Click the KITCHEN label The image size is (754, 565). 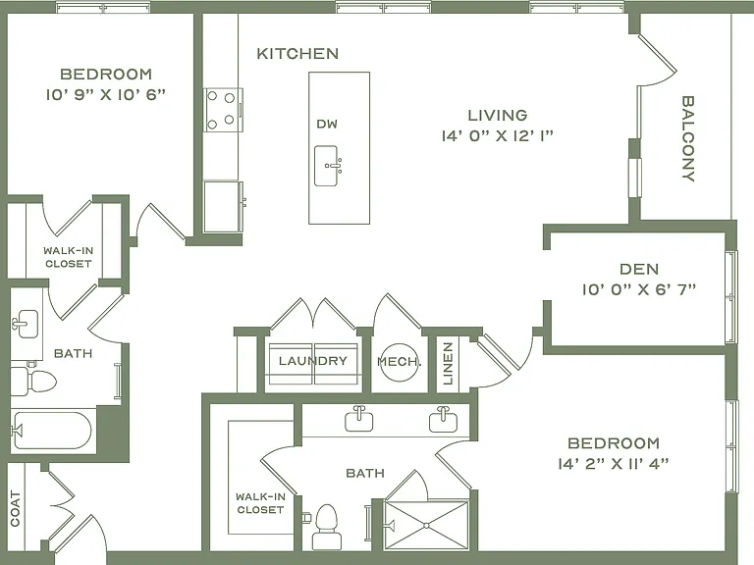pos(297,53)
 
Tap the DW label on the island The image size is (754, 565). pos(327,124)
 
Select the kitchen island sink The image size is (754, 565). pos(327,166)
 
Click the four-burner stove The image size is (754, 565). pos(223,110)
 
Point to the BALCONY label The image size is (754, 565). pos(688,138)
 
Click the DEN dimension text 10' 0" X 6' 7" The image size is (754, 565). pos(638,289)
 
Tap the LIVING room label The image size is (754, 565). pos(498,116)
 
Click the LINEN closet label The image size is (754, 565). pos(448,364)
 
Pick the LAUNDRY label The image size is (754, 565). pos(313,361)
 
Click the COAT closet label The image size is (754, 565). pos(16,508)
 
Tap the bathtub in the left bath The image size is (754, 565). pos(51,430)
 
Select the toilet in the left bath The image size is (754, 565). pos(33,382)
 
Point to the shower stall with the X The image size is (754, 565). pos(426,525)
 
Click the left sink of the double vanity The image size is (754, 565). pos(359,420)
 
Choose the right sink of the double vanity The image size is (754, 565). pos(444,420)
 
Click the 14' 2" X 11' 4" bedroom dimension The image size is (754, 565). pos(613,464)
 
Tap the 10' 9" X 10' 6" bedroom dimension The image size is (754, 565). pos(106,94)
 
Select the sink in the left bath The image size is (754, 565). pos(25,324)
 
